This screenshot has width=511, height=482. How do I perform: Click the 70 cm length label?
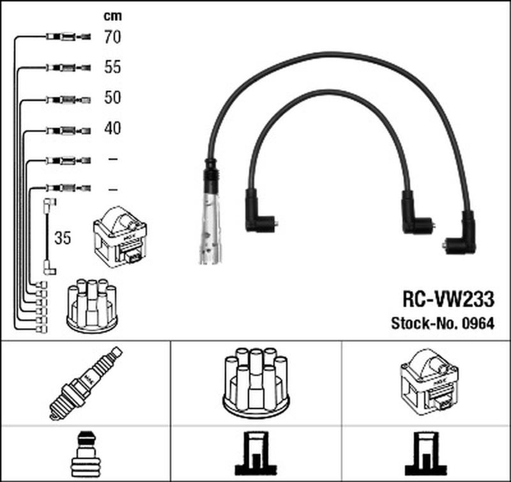(x=112, y=37)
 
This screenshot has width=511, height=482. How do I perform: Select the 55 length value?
(x=112, y=67)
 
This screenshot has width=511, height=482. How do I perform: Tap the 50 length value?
(x=112, y=98)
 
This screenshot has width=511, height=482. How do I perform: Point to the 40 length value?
(x=112, y=128)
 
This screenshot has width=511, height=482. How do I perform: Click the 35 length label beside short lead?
(x=63, y=239)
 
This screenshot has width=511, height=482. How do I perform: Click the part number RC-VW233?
(x=448, y=300)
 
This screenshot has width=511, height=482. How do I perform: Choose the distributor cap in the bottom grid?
(x=256, y=381)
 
